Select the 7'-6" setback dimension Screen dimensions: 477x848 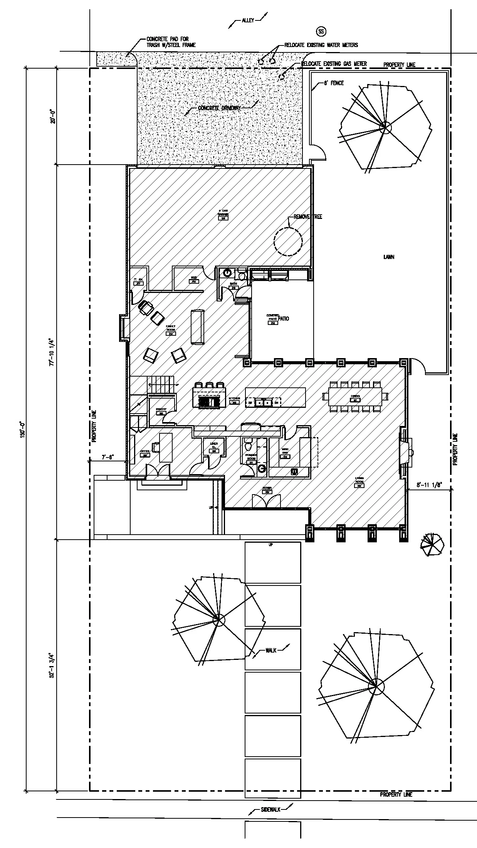[x=107, y=457]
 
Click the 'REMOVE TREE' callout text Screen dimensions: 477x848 [x=308, y=217]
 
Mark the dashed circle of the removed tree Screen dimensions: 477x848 [x=288, y=242]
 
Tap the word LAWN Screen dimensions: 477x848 [x=389, y=257]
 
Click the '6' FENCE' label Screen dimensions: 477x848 [x=334, y=83]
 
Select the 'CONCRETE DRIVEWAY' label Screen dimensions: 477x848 [x=219, y=108]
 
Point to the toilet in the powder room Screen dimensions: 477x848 [x=249, y=446]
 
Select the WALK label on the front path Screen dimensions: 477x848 [x=270, y=650]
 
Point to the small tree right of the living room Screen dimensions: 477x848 [x=432, y=545]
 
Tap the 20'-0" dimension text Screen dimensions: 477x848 [x=53, y=116]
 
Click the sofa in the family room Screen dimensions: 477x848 [x=198, y=326]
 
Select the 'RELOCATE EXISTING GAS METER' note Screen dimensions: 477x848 [x=334, y=64]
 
